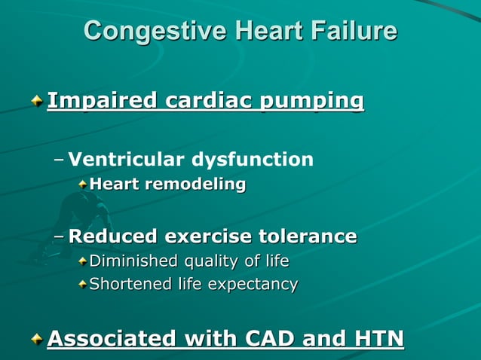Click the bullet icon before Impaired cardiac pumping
pyautogui.click(x=37, y=101)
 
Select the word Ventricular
pyautogui.click(x=126, y=159)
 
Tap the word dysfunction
pyautogui.click(x=252, y=159)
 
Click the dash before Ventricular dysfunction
pyautogui.click(x=59, y=160)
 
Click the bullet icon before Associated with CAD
pyautogui.click(x=37, y=340)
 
